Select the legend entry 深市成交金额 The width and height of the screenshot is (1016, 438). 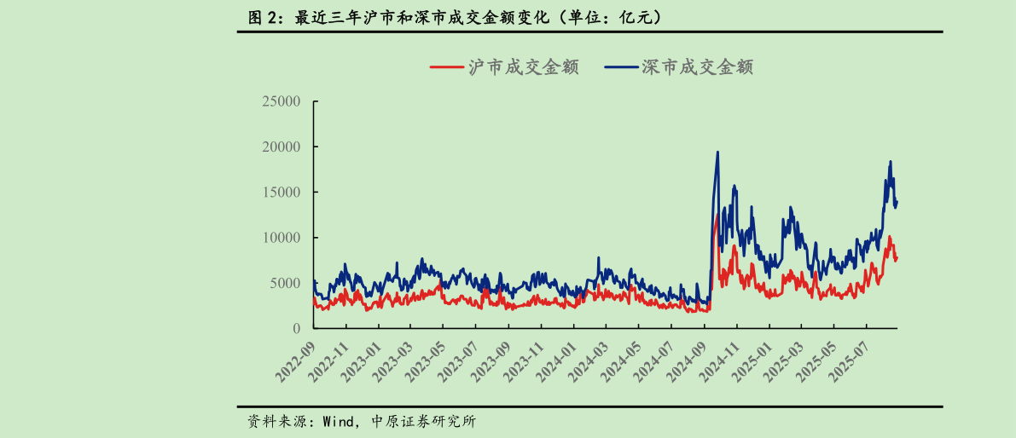tap(679, 67)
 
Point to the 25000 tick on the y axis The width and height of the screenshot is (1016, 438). tap(281, 101)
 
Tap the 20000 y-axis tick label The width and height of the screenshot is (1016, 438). tap(281, 147)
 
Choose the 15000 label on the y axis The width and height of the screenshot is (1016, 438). tap(281, 193)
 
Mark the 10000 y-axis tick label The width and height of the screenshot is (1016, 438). tap(281, 238)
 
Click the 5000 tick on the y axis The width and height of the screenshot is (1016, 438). tap(285, 283)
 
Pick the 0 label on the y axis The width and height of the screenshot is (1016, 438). tap(297, 329)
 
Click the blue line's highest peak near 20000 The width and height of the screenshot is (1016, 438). tap(717, 153)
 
